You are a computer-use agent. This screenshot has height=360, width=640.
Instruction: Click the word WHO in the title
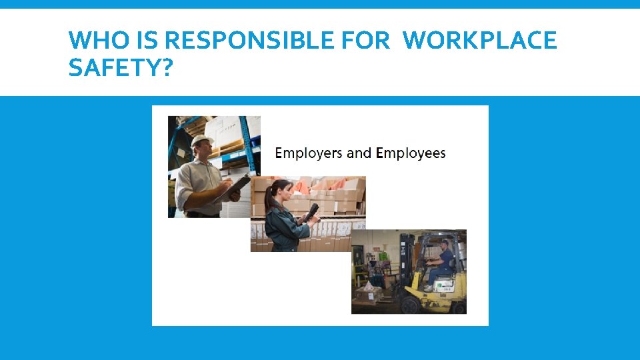pos(93,41)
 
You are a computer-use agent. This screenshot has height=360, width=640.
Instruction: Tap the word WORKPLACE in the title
pos(479,41)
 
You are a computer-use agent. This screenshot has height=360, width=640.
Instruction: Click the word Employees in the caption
pos(411,154)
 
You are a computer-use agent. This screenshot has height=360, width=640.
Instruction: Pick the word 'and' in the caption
pos(359,153)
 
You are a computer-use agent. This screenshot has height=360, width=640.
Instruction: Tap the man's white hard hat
pos(201,141)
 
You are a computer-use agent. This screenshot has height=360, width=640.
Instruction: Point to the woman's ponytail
pos(268,197)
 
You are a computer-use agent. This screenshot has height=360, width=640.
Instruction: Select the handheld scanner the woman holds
pos(311,213)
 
